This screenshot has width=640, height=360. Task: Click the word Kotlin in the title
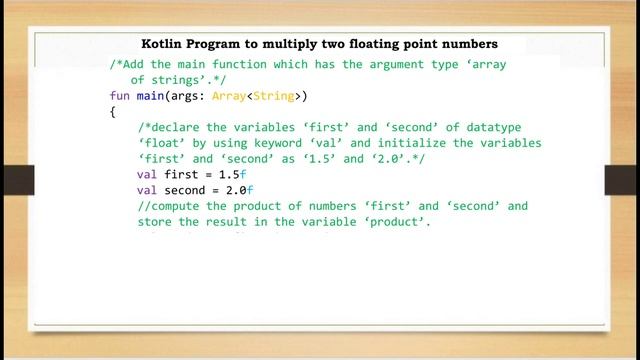pos(163,44)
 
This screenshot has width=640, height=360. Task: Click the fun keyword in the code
pos(120,96)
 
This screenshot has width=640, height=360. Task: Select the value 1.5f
pos(230,174)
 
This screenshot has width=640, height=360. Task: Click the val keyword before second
pos(147,190)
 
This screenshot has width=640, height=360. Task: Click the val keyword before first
pos(147,174)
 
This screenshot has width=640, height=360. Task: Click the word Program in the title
pos(224,44)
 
